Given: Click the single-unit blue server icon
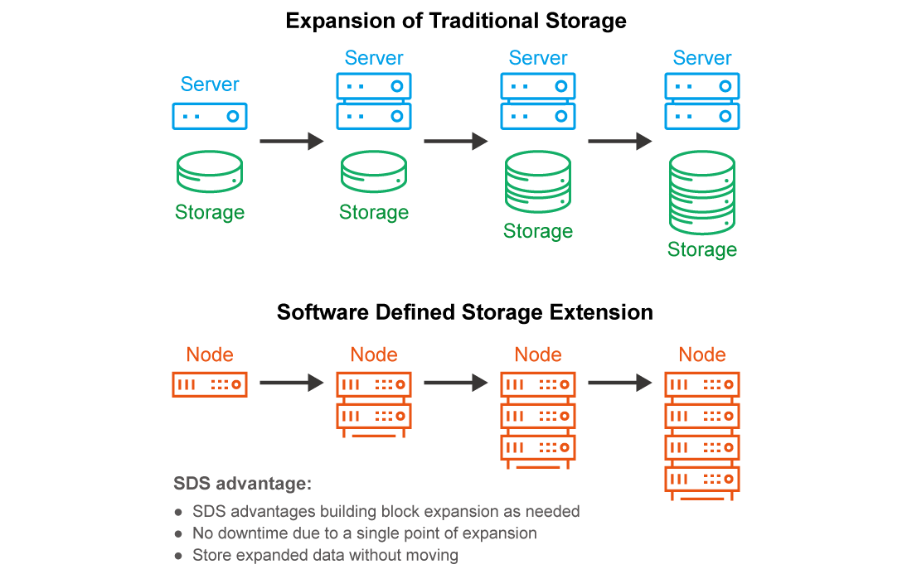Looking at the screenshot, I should tap(210, 116).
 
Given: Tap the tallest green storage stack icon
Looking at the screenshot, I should tap(702, 193).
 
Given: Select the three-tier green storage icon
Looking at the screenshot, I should tap(538, 182).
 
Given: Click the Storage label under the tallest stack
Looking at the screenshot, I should tap(702, 249).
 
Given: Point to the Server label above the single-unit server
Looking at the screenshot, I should tap(210, 84).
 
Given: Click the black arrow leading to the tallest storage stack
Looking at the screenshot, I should tap(619, 142).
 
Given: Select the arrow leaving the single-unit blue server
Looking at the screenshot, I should tap(291, 142).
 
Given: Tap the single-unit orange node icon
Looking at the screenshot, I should tap(210, 384).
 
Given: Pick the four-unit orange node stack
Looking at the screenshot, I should tap(702, 435).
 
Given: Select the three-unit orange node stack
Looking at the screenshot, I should tap(538, 419).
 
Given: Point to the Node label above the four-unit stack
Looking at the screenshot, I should tap(702, 355).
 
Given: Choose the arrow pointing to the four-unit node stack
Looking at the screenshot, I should tap(619, 383).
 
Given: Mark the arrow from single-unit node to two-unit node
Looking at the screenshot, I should tap(291, 383).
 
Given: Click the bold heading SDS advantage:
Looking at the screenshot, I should tap(242, 484).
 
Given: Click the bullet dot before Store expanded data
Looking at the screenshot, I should tap(178, 556).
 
